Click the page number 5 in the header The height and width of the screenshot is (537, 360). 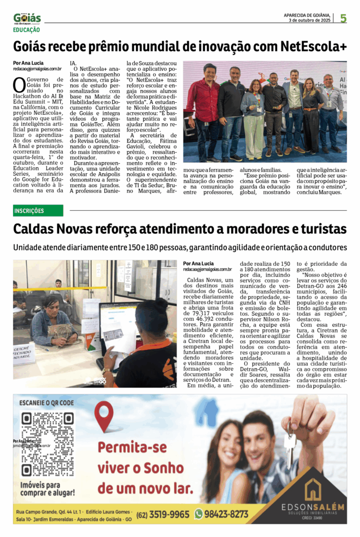(x=343, y=18)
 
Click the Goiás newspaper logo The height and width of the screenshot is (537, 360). (x=27, y=18)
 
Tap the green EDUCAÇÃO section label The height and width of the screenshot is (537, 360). (x=26, y=30)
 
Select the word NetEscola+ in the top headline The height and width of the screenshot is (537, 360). (x=313, y=46)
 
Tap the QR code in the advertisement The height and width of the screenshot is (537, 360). (x=47, y=444)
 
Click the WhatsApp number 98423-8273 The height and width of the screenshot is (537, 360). (x=225, y=514)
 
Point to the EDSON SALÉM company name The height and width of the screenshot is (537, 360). (x=313, y=507)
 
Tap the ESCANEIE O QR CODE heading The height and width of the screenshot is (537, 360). (x=46, y=403)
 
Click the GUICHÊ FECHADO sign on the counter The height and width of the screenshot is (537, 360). (x=24, y=355)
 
